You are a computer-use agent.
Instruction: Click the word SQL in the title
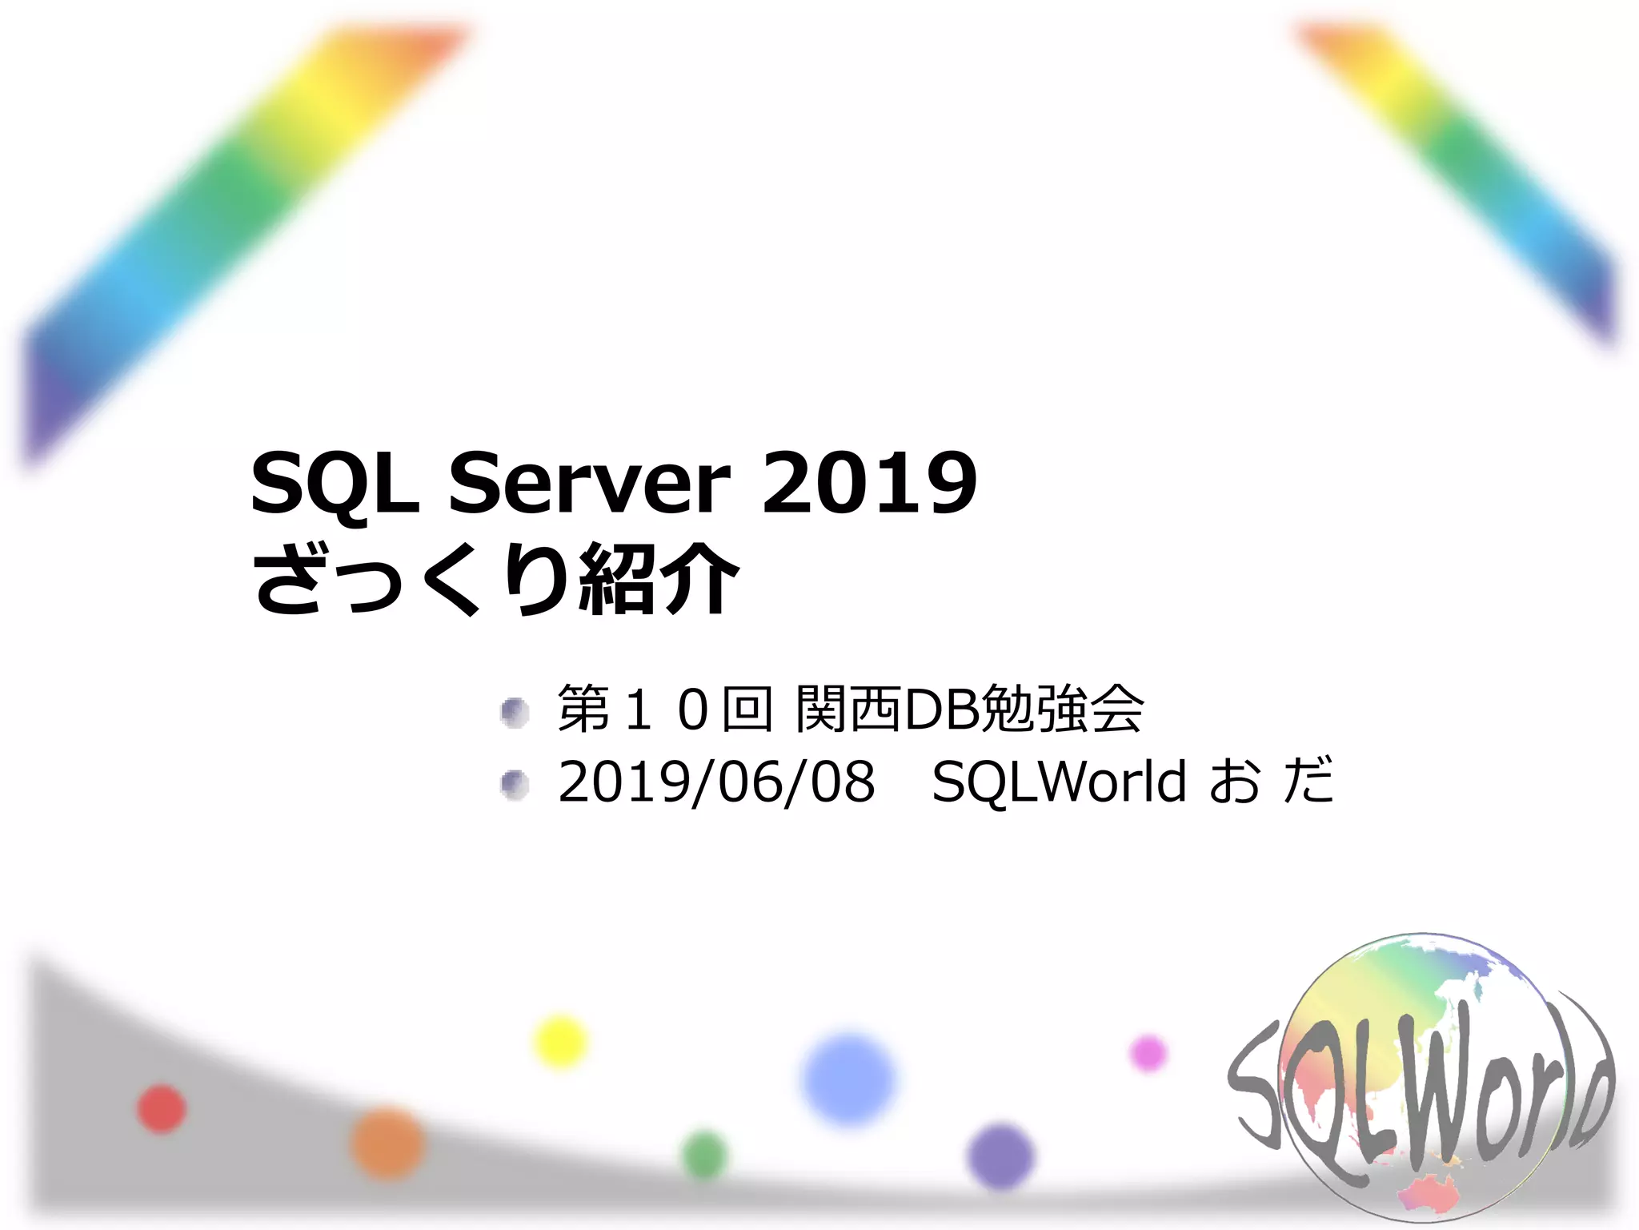click(335, 484)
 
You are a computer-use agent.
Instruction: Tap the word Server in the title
click(590, 484)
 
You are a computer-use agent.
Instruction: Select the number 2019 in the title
click(869, 484)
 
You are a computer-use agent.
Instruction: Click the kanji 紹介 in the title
click(658, 578)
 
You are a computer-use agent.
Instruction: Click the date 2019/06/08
click(716, 782)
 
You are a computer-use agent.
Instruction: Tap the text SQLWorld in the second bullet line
click(1059, 782)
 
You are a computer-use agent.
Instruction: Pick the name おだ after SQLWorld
click(1271, 782)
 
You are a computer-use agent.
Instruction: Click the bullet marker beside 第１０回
click(515, 712)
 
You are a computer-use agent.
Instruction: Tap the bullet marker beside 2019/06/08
click(515, 784)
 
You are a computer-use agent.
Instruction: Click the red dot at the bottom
click(162, 1109)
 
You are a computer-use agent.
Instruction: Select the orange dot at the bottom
click(387, 1144)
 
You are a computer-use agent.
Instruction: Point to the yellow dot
click(560, 1041)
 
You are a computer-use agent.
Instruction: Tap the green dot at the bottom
click(705, 1155)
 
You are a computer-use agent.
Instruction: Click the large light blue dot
click(849, 1079)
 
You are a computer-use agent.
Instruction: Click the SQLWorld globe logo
click(1421, 1081)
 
